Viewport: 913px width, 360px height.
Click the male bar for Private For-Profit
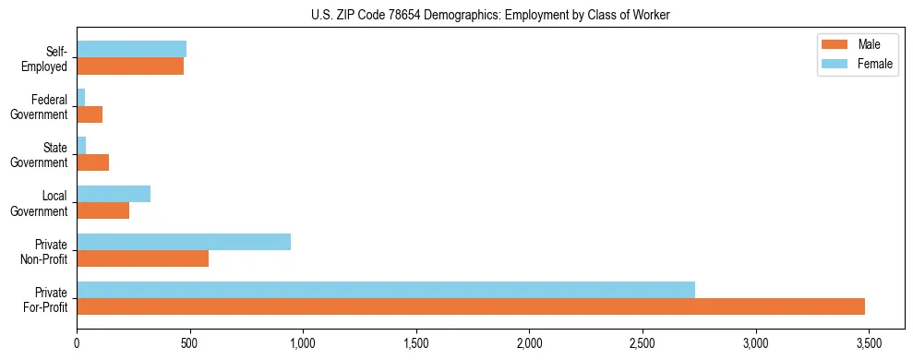(x=471, y=306)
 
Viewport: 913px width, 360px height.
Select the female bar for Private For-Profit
(x=386, y=290)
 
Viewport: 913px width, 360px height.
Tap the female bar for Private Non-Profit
(x=184, y=242)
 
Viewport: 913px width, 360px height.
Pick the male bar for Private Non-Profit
(x=142, y=258)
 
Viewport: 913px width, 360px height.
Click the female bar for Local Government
(x=114, y=194)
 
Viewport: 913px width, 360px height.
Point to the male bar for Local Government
(x=102, y=210)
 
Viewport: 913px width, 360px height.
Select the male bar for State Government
(x=92, y=162)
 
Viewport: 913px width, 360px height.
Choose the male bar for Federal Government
(x=90, y=114)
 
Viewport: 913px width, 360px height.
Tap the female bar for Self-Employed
(x=131, y=49)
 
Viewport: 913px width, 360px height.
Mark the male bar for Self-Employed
(x=130, y=66)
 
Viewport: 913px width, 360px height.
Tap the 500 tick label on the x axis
(x=190, y=343)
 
